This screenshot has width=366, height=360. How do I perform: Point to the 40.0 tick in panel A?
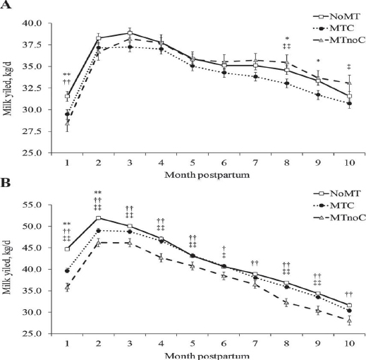32,23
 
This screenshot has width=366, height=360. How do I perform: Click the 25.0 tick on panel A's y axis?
32,153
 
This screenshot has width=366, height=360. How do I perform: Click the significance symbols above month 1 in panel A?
66,78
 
